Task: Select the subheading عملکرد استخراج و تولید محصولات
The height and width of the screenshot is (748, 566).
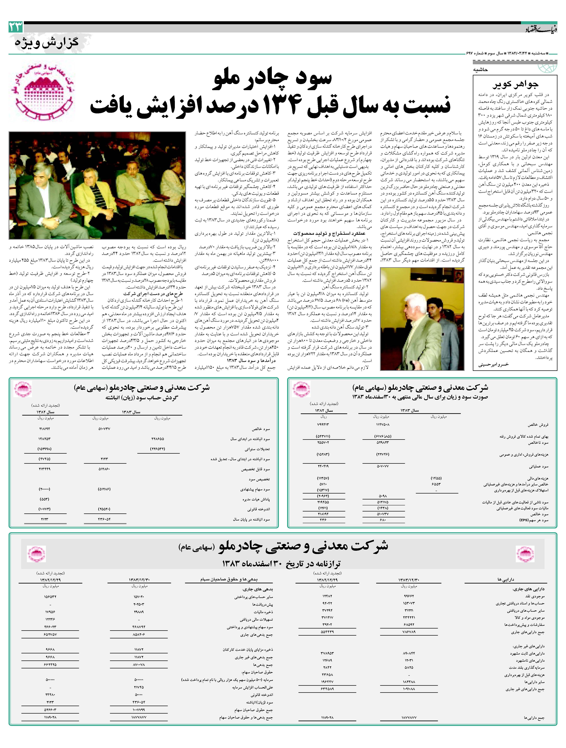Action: click(x=329, y=233)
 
